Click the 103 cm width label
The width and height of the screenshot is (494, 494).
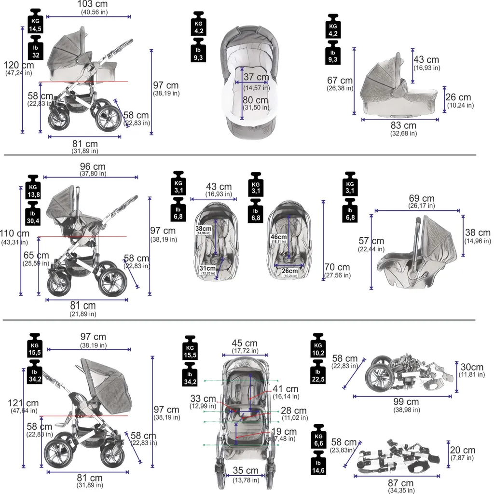(95, 5)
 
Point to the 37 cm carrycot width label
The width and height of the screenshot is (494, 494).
(256, 77)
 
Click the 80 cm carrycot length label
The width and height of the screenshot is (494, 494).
(256, 100)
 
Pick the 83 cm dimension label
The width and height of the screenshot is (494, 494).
(403, 126)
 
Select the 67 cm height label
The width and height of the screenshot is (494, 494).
(340, 81)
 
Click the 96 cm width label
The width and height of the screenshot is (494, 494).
(93, 167)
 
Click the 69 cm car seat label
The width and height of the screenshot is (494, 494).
(421, 199)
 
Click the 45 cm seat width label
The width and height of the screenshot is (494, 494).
(245, 343)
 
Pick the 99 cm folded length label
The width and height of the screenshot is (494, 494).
(406, 402)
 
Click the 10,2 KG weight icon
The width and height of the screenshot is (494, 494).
(318, 349)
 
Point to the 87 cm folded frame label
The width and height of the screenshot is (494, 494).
(400, 483)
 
